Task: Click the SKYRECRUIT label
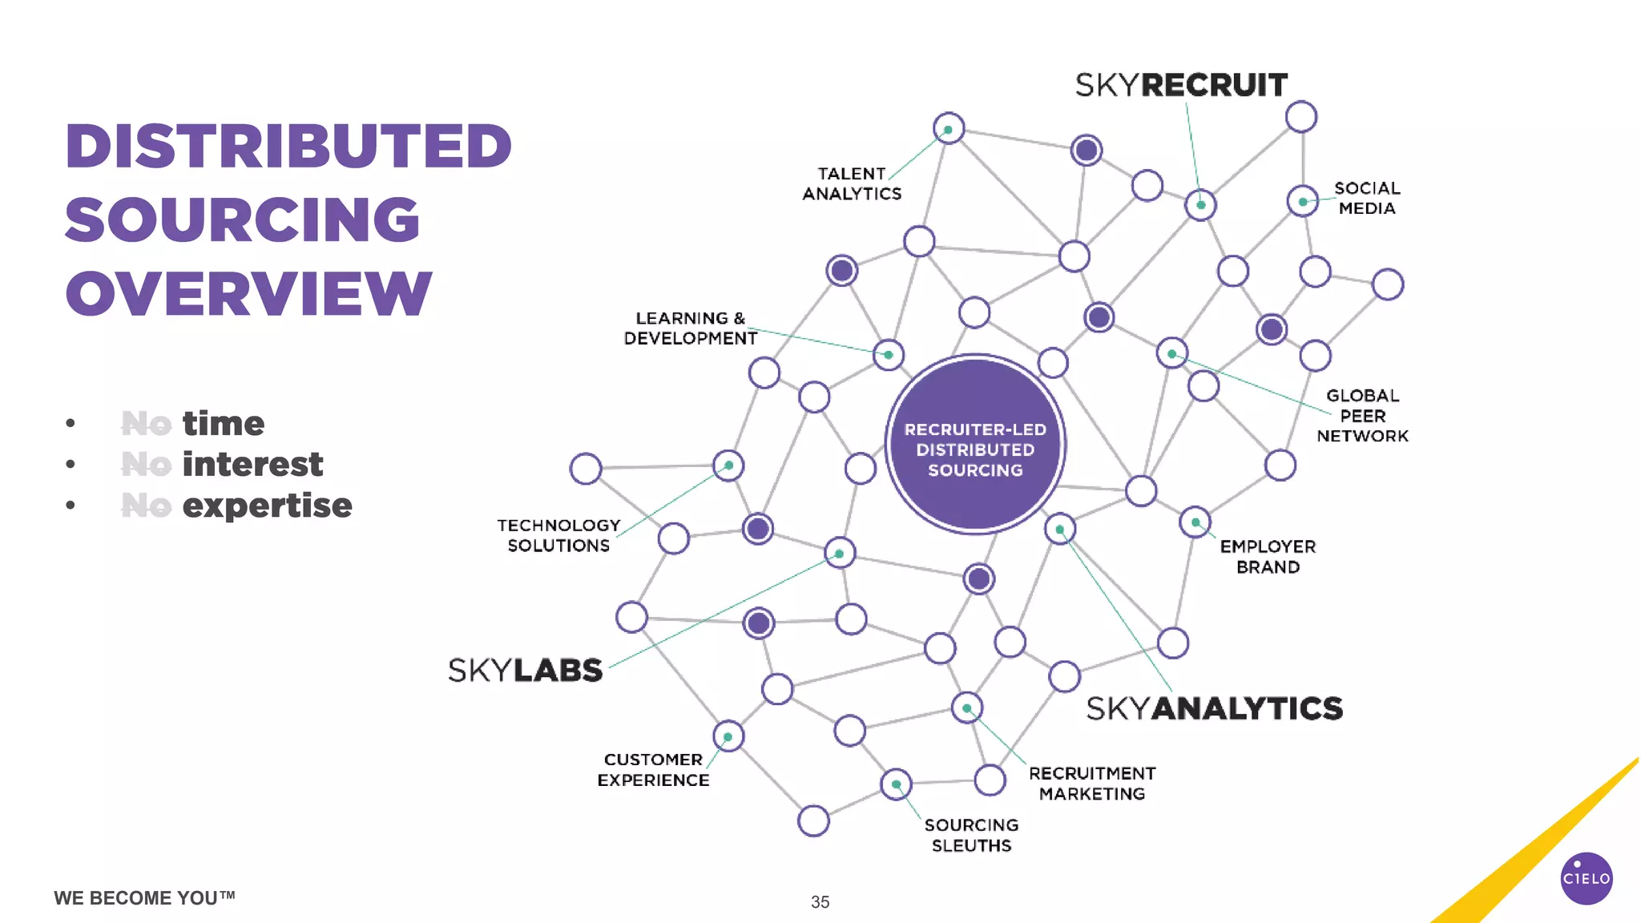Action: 1181,85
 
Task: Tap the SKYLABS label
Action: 525,671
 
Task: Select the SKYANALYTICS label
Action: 1214,708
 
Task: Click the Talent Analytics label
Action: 852,183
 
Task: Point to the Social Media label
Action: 1367,198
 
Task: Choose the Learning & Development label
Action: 690,328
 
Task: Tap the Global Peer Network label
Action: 1362,416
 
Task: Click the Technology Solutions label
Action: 558,535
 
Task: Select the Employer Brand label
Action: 1268,557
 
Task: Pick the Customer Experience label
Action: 653,770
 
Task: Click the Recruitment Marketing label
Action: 1092,784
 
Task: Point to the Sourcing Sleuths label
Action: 971,835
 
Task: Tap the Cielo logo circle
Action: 1587,878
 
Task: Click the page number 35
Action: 820,902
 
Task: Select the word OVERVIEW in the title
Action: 248,293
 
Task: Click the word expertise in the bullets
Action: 267,506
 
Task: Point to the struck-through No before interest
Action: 146,465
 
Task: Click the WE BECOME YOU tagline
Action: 144,898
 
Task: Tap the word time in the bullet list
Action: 223,423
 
